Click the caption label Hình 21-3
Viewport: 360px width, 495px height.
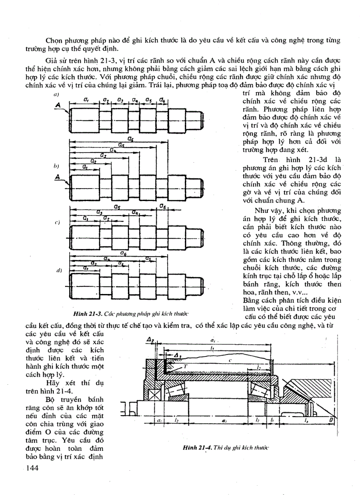point(88,313)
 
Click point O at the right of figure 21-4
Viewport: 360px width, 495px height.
point(331,422)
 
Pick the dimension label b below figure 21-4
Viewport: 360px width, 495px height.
point(272,421)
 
